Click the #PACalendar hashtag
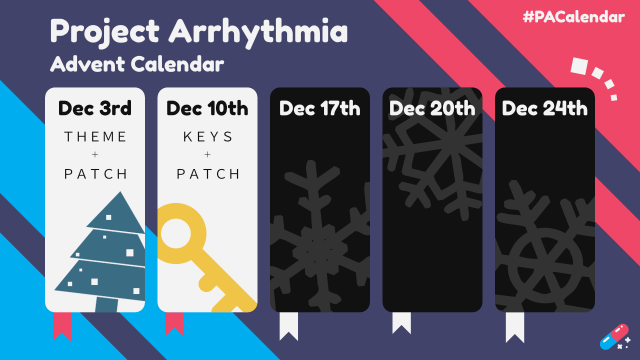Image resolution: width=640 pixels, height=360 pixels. (x=573, y=17)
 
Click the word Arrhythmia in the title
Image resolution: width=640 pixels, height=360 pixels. (x=258, y=32)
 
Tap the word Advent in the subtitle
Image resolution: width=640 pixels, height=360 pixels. (x=87, y=63)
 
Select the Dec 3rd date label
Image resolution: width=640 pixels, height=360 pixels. (x=95, y=108)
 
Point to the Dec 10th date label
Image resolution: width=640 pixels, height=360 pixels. (x=207, y=108)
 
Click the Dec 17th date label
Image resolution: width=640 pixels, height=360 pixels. (x=319, y=108)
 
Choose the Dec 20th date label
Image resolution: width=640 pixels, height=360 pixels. (x=432, y=108)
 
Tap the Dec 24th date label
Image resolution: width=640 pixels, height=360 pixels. (x=545, y=108)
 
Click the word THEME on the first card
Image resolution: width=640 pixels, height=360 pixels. (x=95, y=136)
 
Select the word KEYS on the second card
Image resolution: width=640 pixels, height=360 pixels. (x=207, y=136)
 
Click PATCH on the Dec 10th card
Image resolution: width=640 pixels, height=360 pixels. (x=207, y=174)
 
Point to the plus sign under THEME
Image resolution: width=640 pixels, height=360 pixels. (x=95, y=154)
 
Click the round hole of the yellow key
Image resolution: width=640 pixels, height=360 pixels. (x=175, y=233)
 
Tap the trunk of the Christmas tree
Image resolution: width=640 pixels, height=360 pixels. (x=106, y=304)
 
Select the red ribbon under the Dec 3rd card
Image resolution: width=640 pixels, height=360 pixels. (x=62, y=326)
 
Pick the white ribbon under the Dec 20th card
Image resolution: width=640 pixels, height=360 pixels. (x=401, y=323)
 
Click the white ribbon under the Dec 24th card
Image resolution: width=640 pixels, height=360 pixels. (x=515, y=327)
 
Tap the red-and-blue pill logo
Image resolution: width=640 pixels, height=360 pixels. (x=614, y=337)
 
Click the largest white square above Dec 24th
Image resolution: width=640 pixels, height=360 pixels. (x=579, y=66)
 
